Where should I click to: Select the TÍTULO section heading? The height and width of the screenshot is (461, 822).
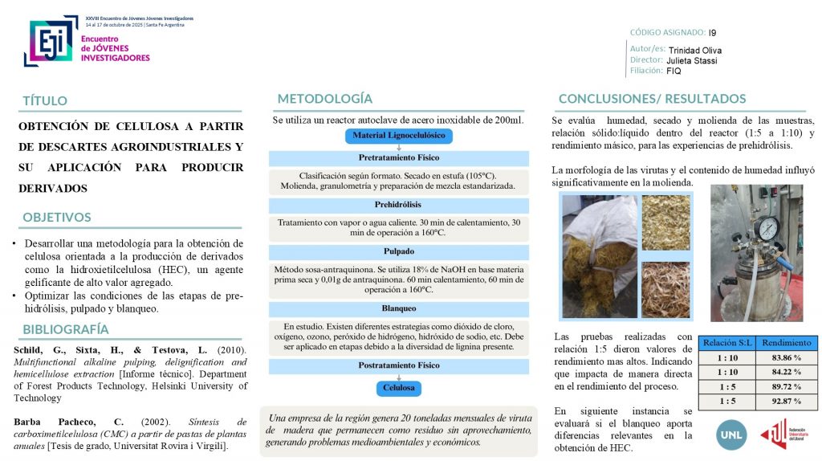coord(45,100)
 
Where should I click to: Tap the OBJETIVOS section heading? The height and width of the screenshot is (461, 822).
coord(57,217)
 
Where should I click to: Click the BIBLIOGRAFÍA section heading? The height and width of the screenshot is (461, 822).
coord(66,329)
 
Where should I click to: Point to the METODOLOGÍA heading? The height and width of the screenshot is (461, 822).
coord(325,99)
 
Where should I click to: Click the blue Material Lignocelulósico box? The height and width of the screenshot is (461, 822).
coord(399,135)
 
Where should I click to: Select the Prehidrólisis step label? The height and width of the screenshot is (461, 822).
coord(399,206)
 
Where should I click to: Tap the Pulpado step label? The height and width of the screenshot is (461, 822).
coord(399,251)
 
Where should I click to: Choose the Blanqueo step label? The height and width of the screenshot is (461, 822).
coord(399,308)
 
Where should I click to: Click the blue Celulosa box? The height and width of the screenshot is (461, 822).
coord(399,388)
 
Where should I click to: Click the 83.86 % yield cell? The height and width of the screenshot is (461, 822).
coord(786,357)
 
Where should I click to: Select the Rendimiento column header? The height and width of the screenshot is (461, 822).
coord(786,342)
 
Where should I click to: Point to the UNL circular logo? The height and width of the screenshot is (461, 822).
coord(730,434)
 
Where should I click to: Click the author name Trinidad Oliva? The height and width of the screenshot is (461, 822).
coord(695,51)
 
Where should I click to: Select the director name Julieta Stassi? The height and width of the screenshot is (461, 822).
coord(693,60)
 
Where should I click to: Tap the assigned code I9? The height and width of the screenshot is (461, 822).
coord(713,33)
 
